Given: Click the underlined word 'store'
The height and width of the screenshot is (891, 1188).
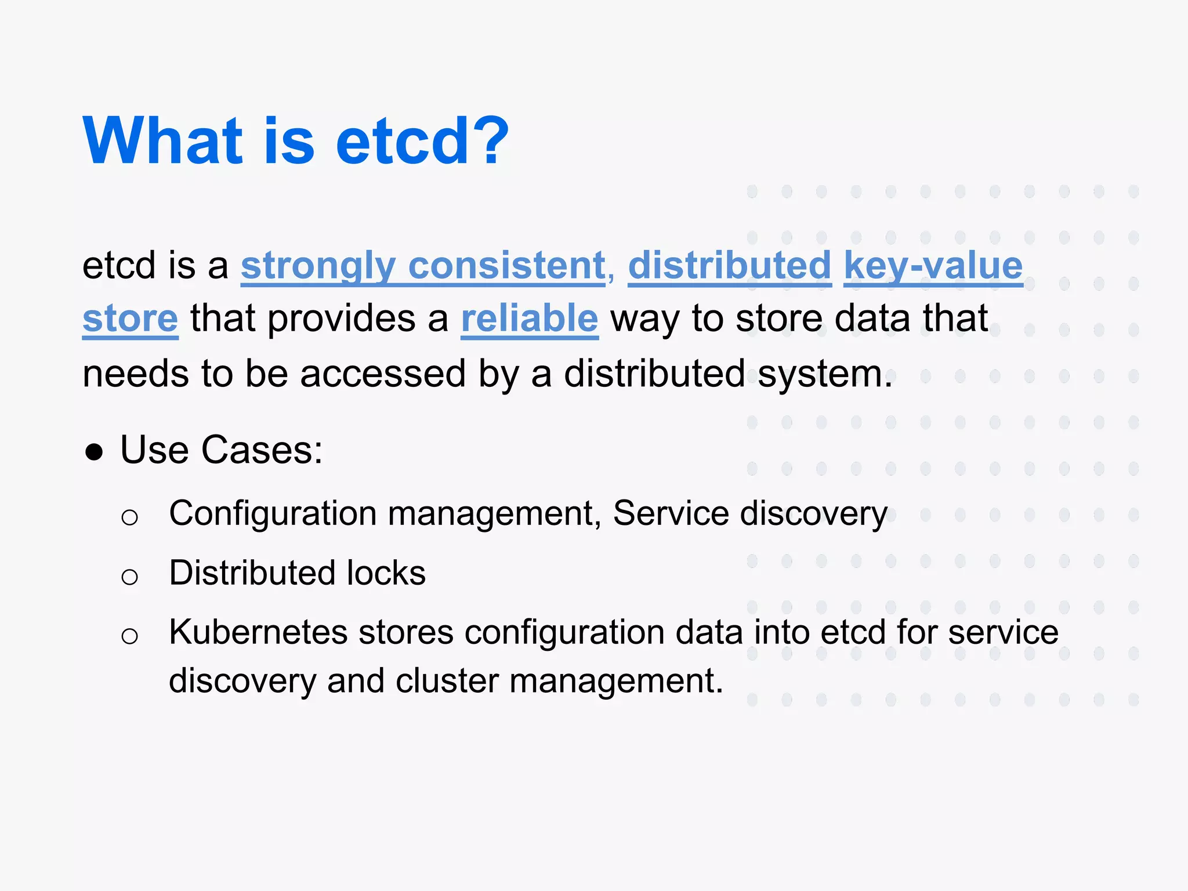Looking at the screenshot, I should pos(130,319).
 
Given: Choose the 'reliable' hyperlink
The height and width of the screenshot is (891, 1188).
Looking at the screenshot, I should pos(529,319).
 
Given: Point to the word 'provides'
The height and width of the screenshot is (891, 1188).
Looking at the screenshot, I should pos(341,319).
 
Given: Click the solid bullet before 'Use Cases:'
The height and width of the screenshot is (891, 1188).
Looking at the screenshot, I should pos(94,452).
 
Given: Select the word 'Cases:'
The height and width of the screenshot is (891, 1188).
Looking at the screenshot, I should pos(262,450).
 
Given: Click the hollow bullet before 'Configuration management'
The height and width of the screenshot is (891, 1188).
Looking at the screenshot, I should pos(130,517).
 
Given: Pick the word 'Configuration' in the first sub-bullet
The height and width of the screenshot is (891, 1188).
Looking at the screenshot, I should pos(273,514).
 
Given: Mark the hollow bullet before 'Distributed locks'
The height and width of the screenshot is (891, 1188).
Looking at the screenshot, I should pos(130,577).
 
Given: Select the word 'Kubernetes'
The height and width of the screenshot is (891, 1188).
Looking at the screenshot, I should pos(258,632).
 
